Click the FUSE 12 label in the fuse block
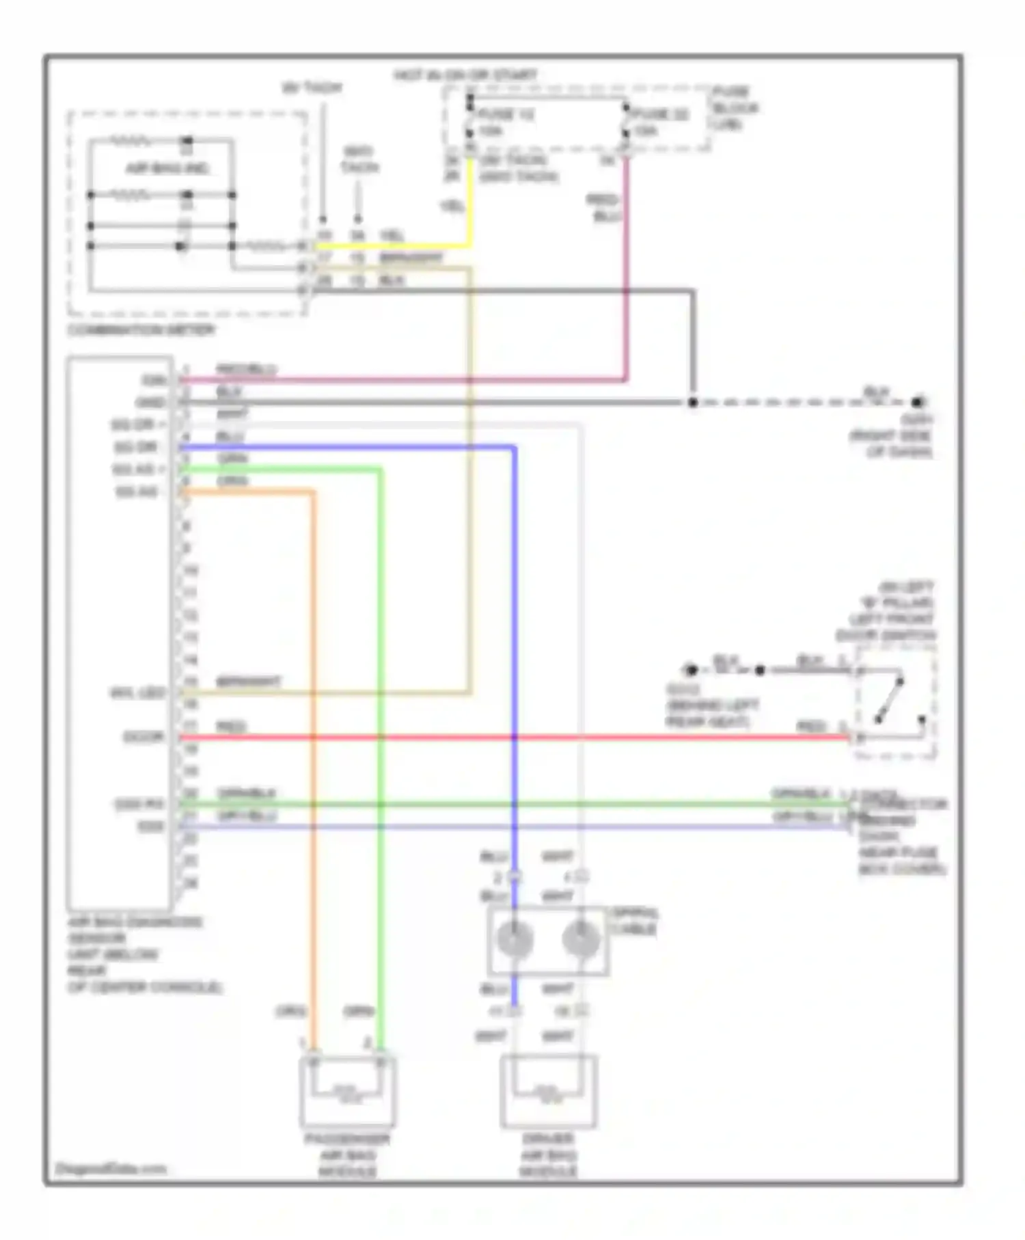point(506,113)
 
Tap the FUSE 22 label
point(660,113)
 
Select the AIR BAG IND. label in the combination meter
point(167,168)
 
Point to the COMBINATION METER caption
point(141,330)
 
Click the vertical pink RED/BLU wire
point(626,287)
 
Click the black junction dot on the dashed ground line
point(692,402)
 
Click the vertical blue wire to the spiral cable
point(514,649)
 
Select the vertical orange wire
point(314,752)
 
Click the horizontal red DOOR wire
point(512,738)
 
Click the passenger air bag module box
point(348,1092)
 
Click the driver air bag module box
point(549,1092)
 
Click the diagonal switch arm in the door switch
point(890,701)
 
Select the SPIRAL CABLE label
point(633,921)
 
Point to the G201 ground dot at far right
point(918,402)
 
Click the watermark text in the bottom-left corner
point(110,1168)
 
